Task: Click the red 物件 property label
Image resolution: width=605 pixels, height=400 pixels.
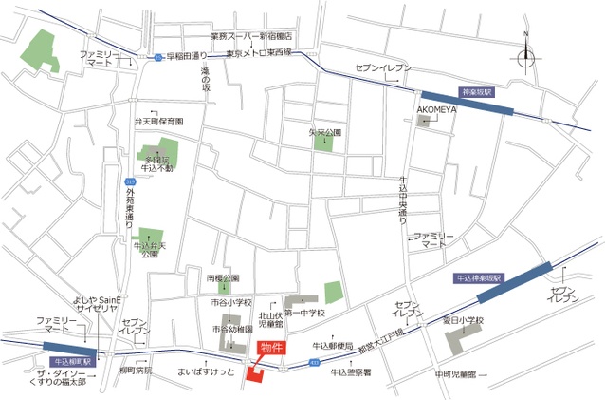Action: click(x=267, y=348)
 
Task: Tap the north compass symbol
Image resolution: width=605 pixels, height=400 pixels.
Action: click(x=525, y=56)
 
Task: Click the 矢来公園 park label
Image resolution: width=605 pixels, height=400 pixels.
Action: click(x=324, y=132)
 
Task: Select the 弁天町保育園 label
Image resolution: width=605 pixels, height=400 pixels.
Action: click(x=158, y=123)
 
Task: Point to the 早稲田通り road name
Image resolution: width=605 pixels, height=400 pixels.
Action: click(x=186, y=56)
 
